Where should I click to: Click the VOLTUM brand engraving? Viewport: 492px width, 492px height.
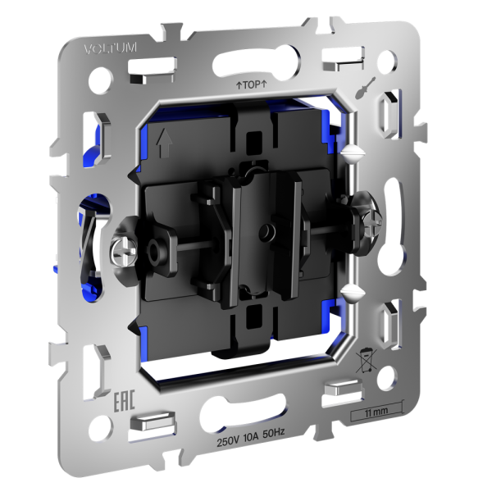coord(110,48)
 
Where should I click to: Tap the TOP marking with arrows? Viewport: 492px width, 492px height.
coord(251,84)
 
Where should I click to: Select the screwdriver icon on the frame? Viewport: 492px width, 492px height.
coord(365,88)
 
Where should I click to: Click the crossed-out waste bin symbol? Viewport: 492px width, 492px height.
coord(366,360)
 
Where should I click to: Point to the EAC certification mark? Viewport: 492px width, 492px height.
coord(124,400)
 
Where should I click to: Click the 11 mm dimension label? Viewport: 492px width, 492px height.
coord(376,412)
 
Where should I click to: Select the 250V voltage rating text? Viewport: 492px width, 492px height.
coord(229,442)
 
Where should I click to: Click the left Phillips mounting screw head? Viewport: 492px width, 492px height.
coord(124,251)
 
